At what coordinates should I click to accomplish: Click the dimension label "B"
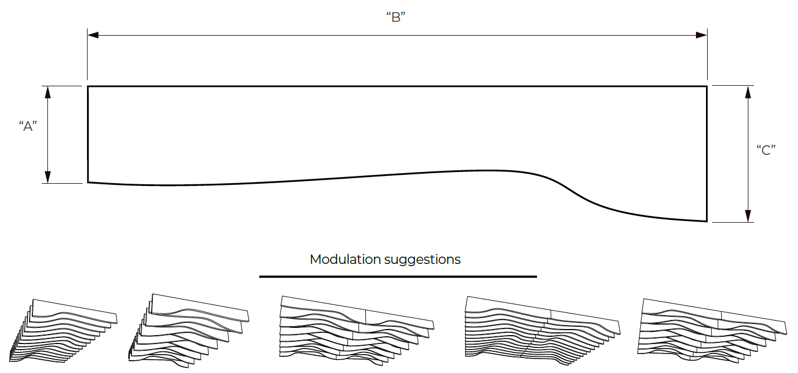pos(396,17)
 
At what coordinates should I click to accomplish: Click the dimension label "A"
pos(28,126)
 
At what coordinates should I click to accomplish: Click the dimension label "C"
pos(766,150)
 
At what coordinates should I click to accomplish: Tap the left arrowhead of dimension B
pos(93,35)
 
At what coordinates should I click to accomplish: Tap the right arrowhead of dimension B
pos(701,35)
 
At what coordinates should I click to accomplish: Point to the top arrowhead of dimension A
pos(47,92)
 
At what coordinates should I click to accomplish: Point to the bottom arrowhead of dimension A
pos(47,177)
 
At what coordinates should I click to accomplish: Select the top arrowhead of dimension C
pos(748,92)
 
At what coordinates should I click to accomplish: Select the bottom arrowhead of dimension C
pos(748,216)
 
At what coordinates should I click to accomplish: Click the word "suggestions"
pos(423,260)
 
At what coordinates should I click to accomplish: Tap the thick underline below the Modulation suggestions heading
pos(398,276)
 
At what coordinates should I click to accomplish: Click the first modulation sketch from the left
pos(63,331)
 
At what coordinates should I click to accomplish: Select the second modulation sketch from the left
pos(189,331)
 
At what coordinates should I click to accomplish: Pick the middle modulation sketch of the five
pos(357,331)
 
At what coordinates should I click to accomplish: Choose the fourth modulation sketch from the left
pos(543,331)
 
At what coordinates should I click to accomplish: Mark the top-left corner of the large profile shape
pos(88,86)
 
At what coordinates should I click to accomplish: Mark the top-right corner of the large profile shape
pos(707,86)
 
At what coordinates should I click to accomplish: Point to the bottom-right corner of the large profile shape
pos(707,221)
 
